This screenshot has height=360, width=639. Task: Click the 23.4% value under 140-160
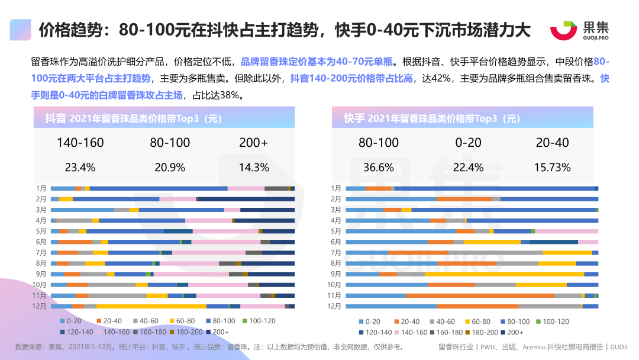pos(80,167)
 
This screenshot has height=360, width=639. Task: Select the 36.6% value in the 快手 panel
pos(379,167)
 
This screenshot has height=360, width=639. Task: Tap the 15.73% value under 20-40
pos(552,167)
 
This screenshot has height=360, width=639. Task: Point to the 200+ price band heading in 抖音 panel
pos(254,143)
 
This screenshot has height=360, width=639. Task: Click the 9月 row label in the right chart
pos(335,274)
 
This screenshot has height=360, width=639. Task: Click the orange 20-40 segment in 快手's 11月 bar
pos(479,295)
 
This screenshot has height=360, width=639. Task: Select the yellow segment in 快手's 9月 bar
pos(504,274)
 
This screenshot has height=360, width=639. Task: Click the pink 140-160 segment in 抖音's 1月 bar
pos(246,188)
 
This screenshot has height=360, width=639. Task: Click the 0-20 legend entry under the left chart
pos(73,321)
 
